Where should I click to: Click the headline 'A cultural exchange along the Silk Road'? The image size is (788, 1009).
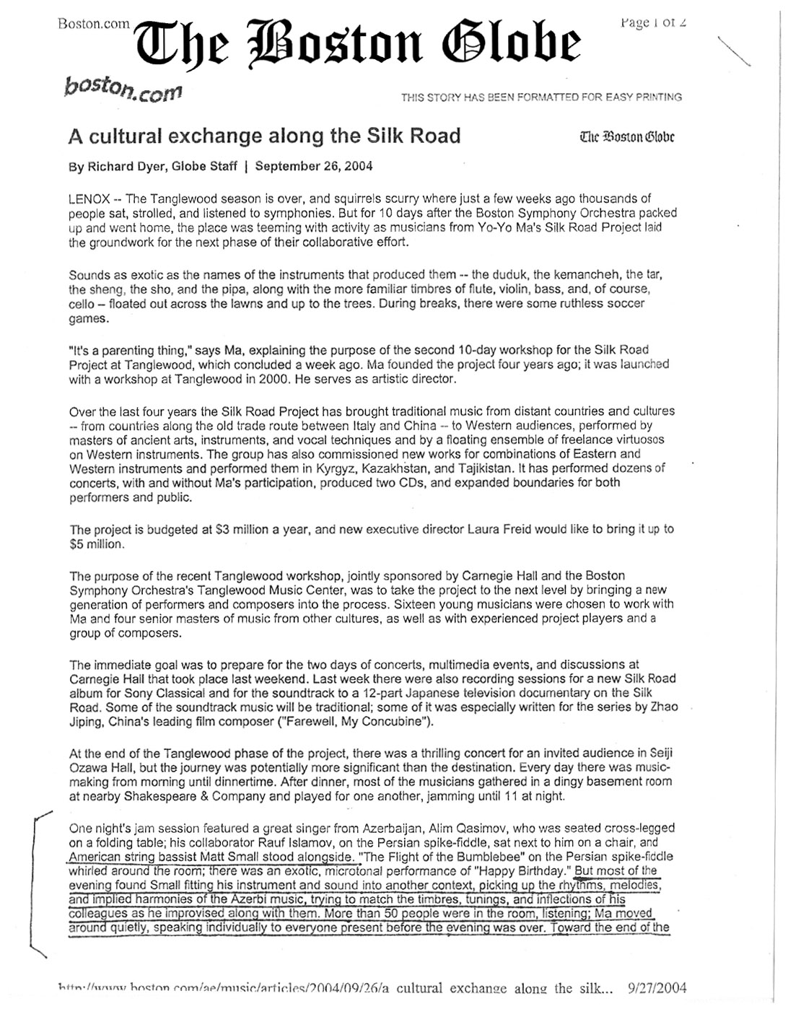[x=264, y=136]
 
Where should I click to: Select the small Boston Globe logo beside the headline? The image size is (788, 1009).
[x=627, y=136]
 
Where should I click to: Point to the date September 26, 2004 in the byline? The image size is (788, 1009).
[x=314, y=166]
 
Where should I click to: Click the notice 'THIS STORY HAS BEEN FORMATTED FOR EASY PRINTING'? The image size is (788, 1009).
[x=541, y=97]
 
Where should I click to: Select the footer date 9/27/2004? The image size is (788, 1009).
[x=657, y=988]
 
